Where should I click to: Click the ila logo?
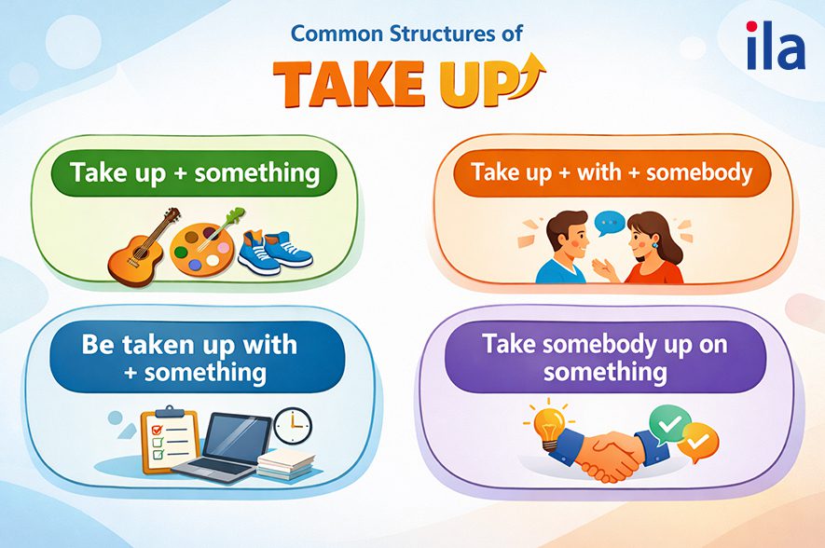pyautogui.click(x=776, y=46)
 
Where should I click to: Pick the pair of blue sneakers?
pyautogui.click(x=275, y=252)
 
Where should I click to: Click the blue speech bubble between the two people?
pyautogui.click(x=610, y=223)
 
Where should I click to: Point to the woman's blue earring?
pyautogui.click(x=655, y=245)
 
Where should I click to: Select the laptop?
pyautogui.click(x=227, y=448)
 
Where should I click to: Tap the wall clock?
pyautogui.click(x=293, y=426)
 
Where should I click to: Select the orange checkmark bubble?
pyautogui.click(x=699, y=442)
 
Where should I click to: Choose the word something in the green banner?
pyautogui.click(x=257, y=173)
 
